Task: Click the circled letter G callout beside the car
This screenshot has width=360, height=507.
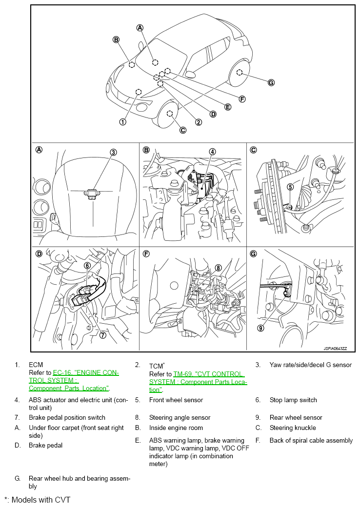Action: pos(271,83)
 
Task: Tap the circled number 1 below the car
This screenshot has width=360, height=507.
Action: pos(123,122)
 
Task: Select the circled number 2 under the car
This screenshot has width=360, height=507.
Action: pos(199,122)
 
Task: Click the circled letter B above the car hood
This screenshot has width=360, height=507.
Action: pos(116,40)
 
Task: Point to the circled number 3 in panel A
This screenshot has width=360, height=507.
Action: pos(113,152)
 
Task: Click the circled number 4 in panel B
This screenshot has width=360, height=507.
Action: pos(212,152)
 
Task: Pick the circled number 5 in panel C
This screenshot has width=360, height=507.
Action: pos(290,187)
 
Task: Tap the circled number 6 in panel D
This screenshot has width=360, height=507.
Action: pos(87,266)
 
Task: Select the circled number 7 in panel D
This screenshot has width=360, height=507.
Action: pos(102,335)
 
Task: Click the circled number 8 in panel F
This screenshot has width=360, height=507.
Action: pos(219,268)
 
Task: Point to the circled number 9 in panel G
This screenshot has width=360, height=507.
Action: pos(260,328)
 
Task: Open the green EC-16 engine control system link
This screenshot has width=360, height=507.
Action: pos(74,381)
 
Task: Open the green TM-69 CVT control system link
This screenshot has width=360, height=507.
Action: pos(198,382)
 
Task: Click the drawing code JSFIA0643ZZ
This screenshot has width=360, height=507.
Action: pos(335,349)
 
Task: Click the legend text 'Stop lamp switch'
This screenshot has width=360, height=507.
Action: pos(293,400)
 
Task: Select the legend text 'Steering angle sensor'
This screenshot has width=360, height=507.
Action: pos(180,417)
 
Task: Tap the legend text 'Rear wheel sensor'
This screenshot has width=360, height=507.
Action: pos(296,417)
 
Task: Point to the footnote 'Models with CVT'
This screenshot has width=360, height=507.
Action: pos(41,500)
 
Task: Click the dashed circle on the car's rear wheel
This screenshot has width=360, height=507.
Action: pos(240,73)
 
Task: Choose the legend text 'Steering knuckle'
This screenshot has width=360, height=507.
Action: pos(293,428)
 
